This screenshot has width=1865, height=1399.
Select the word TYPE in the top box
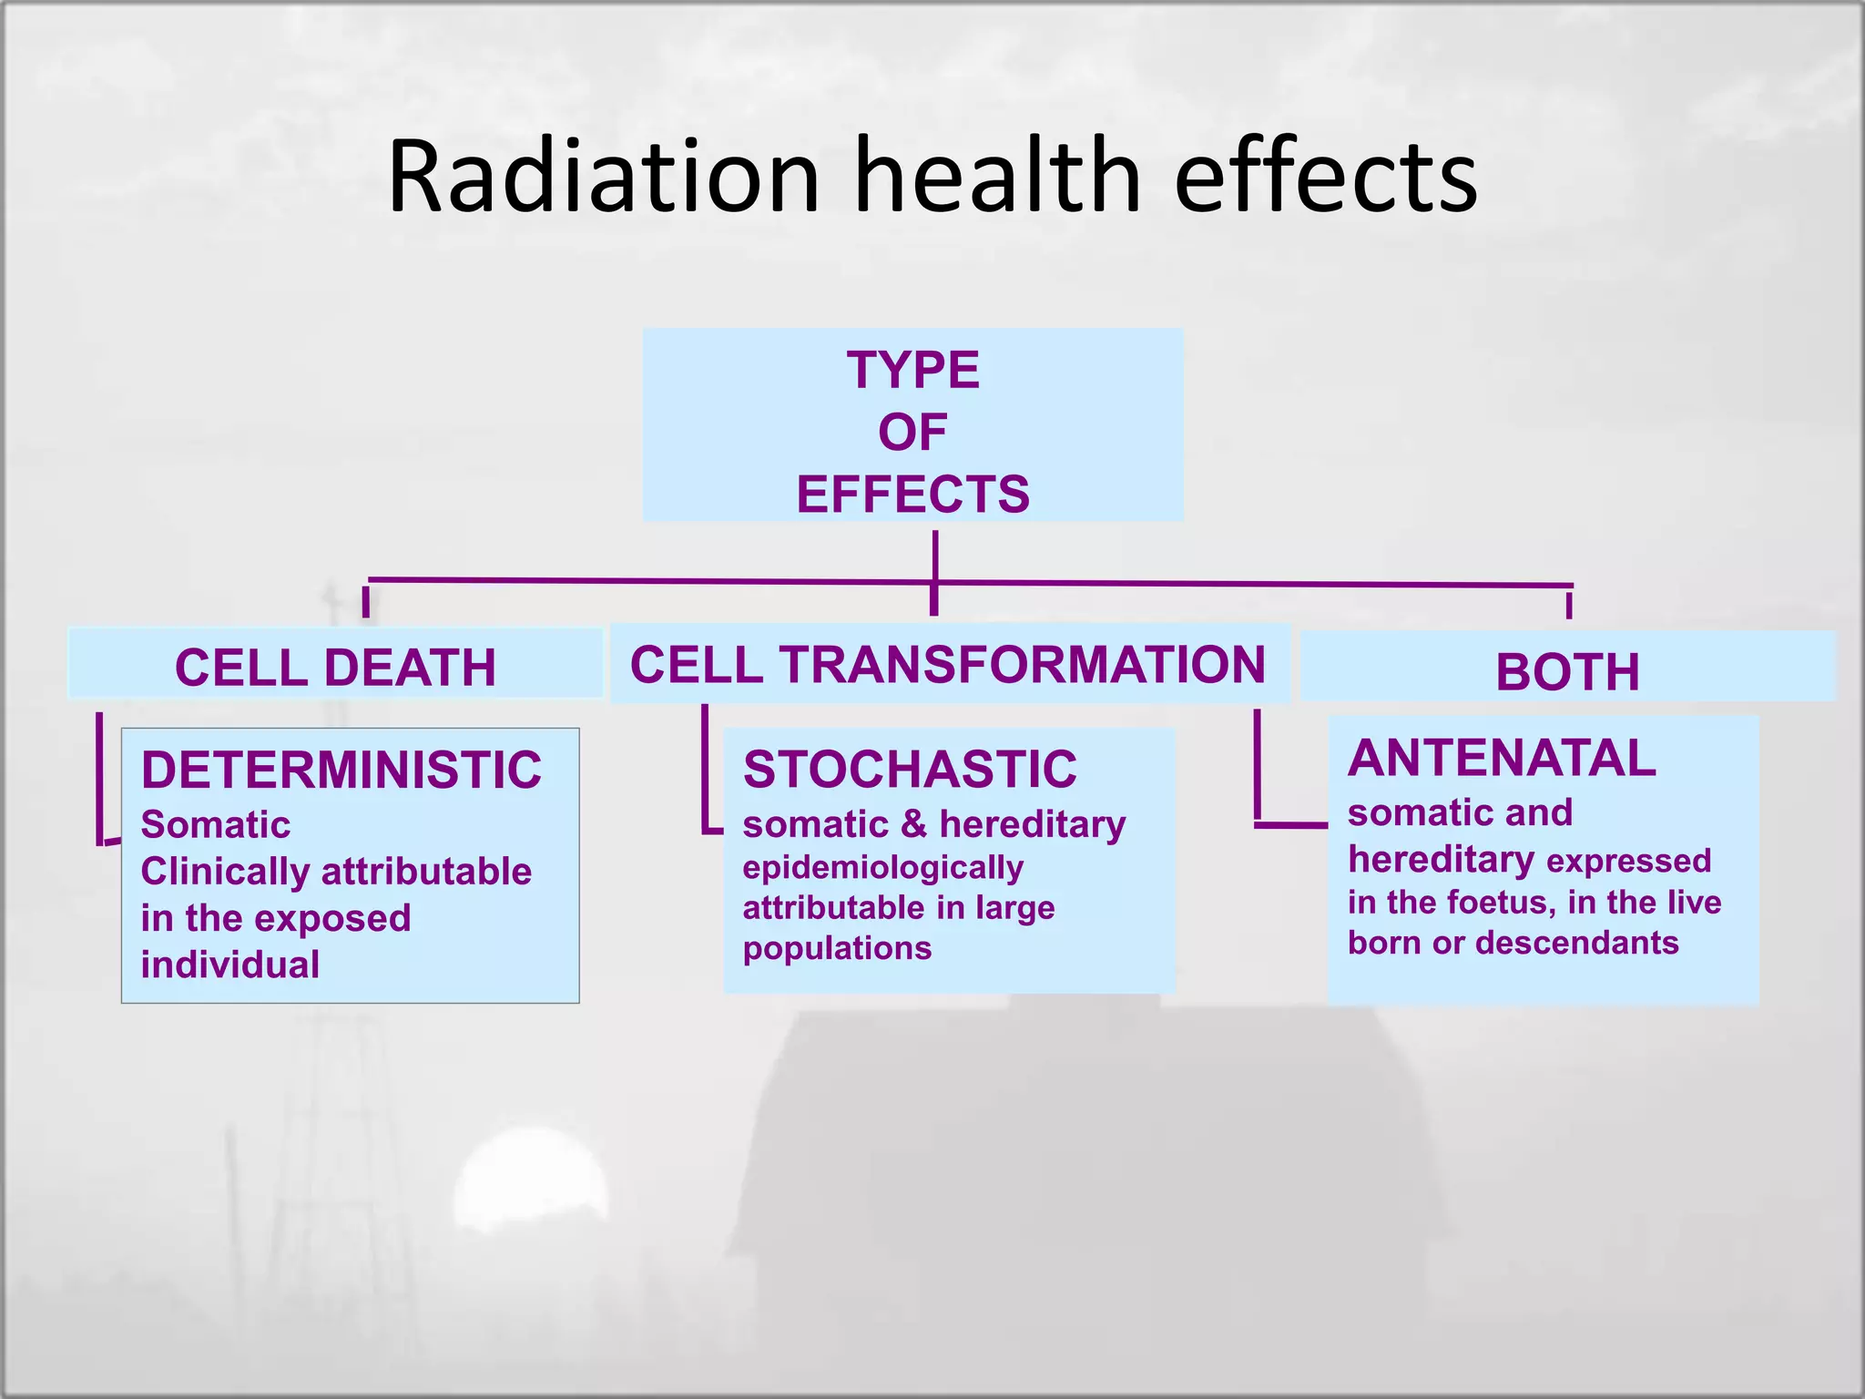pos(912,370)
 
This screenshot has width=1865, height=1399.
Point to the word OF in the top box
pos(912,432)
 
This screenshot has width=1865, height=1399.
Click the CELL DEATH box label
pos(335,668)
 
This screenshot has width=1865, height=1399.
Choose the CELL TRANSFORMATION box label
pos(947,664)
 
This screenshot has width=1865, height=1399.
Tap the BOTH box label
pos(1567,672)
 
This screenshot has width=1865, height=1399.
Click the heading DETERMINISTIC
pos(341,770)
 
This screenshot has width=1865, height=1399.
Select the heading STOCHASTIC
pos(910,769)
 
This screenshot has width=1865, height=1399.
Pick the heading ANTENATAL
pos(1502,758)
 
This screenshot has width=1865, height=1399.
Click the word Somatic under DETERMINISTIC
pos(216,825)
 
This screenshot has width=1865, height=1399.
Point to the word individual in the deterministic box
pos(229,965)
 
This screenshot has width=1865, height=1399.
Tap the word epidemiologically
pos(882,868)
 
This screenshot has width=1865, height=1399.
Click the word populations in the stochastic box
pos(837,949)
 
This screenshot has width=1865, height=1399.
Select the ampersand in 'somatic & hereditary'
pos(913,824)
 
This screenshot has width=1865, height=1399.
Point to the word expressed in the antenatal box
pos(1628,861)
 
